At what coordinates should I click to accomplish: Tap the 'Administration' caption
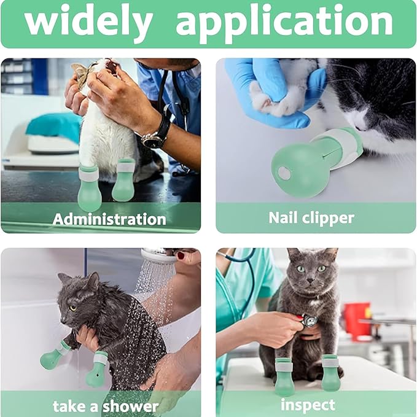click(109, 219)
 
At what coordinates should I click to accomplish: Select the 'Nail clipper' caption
click(311, 217)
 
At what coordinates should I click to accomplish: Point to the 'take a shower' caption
click(105, 405)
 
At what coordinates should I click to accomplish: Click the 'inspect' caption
click(308, 405)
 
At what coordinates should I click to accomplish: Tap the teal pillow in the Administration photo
click(53, 125)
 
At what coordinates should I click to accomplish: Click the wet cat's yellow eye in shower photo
click(73, 308)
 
